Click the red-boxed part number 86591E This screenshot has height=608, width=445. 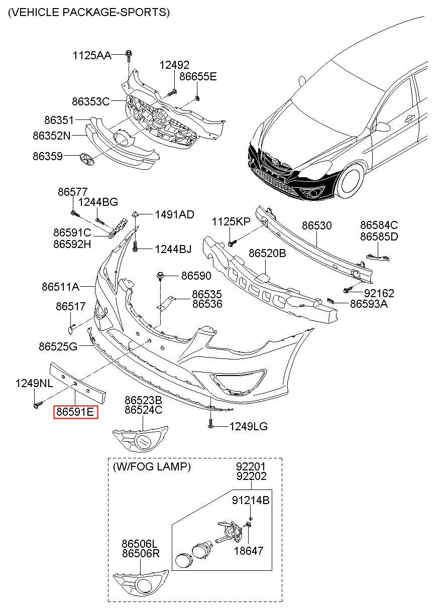[x=75, y=412]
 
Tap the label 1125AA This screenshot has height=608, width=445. [x=92, y=55]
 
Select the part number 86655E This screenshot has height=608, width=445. [x=198, y=76]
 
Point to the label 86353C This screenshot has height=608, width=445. [x=91, y=101]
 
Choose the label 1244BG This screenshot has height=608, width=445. [x=98, y=202]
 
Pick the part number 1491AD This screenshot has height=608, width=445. [x=175, y=214]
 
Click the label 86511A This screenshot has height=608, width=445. [x=61, y=287]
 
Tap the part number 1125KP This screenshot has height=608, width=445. [x=231, y=222]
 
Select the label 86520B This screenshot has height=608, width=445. [x=267, y=253]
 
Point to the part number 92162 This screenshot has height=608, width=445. [x=379, y=293]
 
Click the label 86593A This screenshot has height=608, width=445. [x=369, y=304]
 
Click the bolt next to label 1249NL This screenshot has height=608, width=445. [x=37, y=405]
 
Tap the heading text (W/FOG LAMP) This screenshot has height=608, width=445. [x=152, y=466]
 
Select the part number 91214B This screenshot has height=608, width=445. [x=251, y=500]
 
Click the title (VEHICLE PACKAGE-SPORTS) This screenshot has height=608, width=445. [x=89, y=13]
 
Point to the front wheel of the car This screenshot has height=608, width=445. [x=350, y=181]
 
